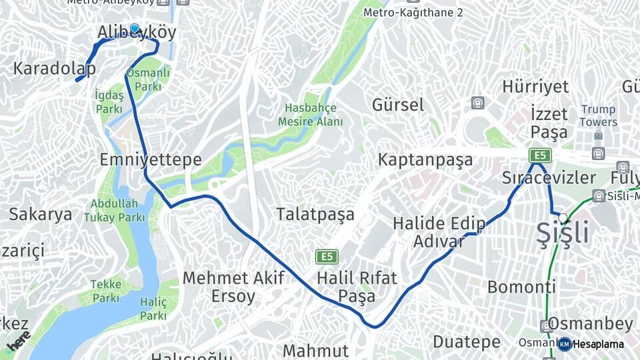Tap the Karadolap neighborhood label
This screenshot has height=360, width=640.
[x=54, y=68]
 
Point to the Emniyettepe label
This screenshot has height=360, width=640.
[x=150, y=159]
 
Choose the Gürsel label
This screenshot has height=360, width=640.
[x=397, y=105]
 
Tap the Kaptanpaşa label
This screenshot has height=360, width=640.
[x=425, y=160]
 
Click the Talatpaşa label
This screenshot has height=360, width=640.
[x=315, y=215]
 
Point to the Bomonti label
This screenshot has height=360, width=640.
[x=521, y=287]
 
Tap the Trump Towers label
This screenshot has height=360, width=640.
[x=598, y=115]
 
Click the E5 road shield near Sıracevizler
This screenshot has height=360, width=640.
[x=540, y=156]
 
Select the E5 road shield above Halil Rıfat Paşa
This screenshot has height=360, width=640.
[x=327, y=257]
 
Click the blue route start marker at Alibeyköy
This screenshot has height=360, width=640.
[x=135, y=29]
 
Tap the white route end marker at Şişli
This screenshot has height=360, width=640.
[x=563, y=217]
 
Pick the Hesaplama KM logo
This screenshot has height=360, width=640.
[x=591, y=344]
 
